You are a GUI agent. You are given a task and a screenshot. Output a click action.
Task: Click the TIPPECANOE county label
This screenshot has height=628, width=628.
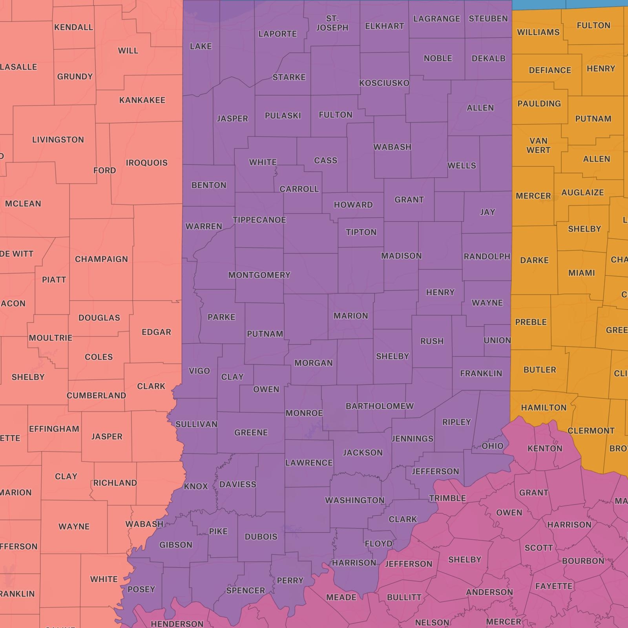click(x=259, y=220)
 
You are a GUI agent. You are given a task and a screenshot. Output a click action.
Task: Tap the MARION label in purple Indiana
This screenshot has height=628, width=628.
click(x=351, y=316)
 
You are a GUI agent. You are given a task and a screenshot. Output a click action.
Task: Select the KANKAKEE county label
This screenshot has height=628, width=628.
click(x=142, y=100)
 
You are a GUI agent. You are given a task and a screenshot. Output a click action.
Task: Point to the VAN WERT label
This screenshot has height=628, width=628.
click(x=538, y=146)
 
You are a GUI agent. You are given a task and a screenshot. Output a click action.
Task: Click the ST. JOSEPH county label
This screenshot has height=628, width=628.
click(x=332, y=23)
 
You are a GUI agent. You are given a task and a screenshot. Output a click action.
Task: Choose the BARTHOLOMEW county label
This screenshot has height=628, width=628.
click(x=380, y=406)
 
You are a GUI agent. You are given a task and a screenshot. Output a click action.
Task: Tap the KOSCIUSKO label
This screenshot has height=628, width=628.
click(x=384, y=83)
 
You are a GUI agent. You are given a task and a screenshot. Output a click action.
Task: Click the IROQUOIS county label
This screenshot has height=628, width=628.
click(x=146, y=163)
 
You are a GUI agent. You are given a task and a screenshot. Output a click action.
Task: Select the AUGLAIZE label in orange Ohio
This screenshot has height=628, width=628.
click(x=582, y=193)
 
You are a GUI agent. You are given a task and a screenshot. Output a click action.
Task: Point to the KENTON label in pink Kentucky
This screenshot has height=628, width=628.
click(x=545, y=449)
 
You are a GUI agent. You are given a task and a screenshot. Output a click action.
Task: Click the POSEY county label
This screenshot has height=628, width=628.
click(x=141, y=590)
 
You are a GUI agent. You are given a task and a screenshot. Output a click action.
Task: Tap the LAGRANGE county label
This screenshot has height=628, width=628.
click(x=436, y=19)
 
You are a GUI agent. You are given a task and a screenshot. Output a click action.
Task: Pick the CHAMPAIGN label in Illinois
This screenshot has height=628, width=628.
click(x=101, y=259)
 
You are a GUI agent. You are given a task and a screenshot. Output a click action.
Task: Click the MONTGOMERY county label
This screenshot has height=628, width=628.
click(x=259, y=276)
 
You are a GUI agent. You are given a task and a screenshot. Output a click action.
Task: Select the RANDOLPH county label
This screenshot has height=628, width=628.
click(x=487, y=257)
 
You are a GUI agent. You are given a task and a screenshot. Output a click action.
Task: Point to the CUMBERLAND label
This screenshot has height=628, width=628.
click(x=96, y=396)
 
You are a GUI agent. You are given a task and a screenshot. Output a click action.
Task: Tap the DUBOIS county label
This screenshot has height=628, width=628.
click(x=261, y=537)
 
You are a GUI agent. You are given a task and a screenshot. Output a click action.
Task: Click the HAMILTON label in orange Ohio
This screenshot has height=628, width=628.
click(x=543, y=408)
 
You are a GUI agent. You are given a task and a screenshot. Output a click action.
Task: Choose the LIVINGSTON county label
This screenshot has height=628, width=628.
click(x=58, y=140)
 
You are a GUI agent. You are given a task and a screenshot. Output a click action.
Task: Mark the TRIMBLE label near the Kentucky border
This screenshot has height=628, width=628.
click(x=447, y=498)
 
